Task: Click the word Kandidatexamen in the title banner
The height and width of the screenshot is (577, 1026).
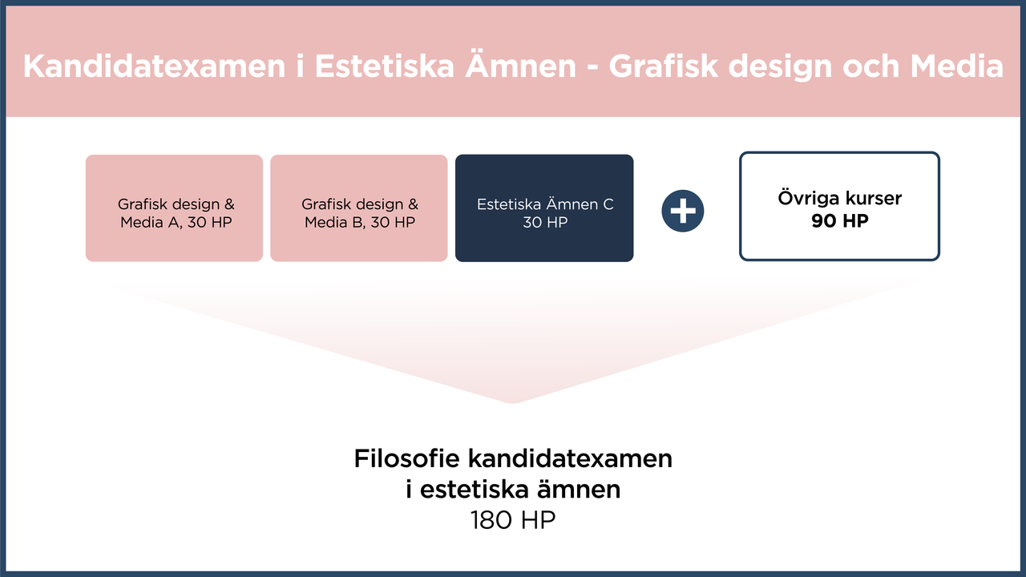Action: pos(153,67)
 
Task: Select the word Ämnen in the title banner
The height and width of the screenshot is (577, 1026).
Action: pos(522,67)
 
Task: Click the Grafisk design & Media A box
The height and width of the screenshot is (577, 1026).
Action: pos(174,208)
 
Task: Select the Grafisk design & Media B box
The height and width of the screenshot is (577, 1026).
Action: pos(358,208)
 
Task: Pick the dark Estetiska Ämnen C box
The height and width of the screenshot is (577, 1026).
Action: pos(544,208)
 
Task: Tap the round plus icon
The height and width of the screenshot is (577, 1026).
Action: pos(683,212)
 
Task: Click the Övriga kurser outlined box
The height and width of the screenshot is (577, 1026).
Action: pos(839,207)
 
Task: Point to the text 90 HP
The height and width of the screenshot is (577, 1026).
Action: pos(839,221)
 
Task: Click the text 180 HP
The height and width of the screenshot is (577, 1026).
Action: pos(513,520)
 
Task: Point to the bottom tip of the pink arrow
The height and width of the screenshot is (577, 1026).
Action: pos(513,401)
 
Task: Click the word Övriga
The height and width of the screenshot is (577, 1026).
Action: pos(806,198)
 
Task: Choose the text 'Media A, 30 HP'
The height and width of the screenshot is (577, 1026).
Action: pos(176,222)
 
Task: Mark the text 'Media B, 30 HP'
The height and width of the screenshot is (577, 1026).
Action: pos(360,222)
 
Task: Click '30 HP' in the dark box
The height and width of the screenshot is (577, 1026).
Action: pos(545,222)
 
